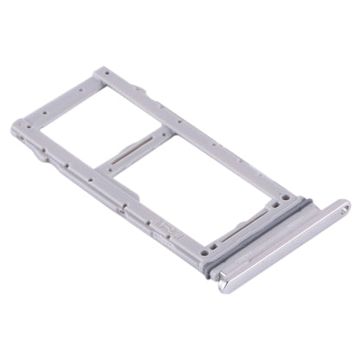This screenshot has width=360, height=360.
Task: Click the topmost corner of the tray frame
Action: tap(105, 67)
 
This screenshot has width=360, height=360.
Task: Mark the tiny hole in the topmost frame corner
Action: tap(106, 76)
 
